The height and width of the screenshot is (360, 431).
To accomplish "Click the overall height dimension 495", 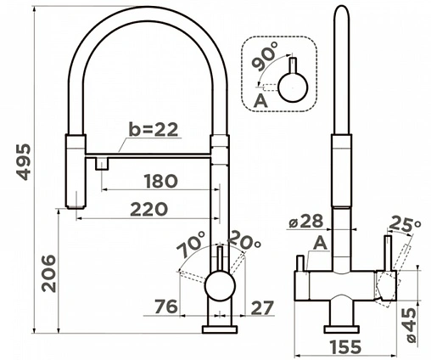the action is coord(23,162).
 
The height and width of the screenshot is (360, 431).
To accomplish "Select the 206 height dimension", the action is coord(48,273).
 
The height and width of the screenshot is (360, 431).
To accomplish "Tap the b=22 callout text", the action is coord(154,129).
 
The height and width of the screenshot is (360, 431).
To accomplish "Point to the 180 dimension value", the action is coord(160,181).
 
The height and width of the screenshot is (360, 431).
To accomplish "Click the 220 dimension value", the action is coord(148,210).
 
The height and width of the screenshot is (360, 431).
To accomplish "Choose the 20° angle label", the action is coord(243,240).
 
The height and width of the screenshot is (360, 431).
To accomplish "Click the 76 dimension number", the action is coord(167,307).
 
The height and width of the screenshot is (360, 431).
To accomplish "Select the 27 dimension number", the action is coord(262,307).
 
